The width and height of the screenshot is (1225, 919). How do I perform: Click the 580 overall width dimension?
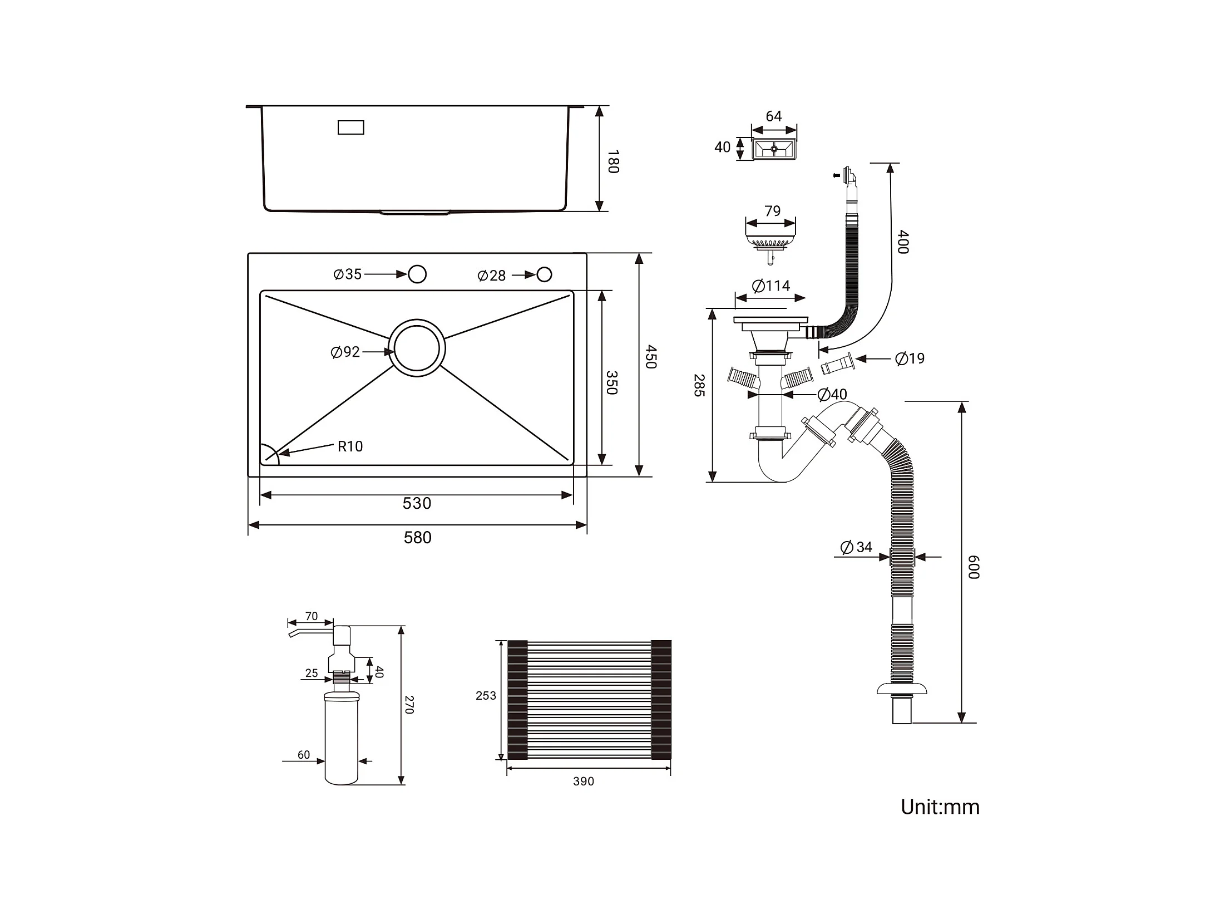[x=417, y=538]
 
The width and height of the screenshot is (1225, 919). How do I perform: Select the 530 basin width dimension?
[x=417, y=504]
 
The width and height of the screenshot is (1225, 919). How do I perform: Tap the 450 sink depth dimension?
[x=651, y=357]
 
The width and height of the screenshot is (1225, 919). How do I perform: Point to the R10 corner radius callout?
[x=350, y=446]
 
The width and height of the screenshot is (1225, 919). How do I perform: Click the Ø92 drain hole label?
[x=345, y=352]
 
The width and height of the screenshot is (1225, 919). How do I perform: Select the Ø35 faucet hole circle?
[x=417, y=274]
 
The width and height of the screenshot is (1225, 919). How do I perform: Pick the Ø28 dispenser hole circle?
[x=544, y=274]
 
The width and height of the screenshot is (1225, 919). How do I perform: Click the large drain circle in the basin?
[x=417, y=348]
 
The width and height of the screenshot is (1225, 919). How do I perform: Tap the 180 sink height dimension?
[x=613, y=161]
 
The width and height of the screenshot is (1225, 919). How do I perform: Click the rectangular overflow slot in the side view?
[x=351, y=127]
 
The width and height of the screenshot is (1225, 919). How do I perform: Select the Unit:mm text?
[x=940, y=807]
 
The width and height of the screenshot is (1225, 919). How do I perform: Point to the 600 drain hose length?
[x=974, y=567]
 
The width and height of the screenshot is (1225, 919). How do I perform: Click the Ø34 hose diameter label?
[x=857, y=547]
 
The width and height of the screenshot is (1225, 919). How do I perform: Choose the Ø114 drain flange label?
[x=771, y=286]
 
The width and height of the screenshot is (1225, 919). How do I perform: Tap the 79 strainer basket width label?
[x=772, y=211]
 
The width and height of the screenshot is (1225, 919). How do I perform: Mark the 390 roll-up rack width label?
[x=584, y=782]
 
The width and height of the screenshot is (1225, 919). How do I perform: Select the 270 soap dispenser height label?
[x=409, y=705]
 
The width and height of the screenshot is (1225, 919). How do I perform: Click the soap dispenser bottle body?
[x=341, y=738]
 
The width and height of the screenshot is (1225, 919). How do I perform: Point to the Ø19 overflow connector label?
[x=910, y=358]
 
